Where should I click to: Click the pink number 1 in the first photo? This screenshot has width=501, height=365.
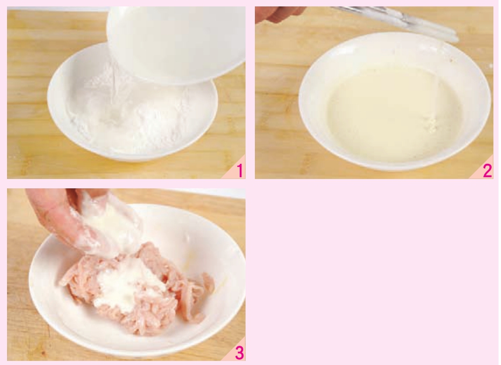click(x=240, y=171)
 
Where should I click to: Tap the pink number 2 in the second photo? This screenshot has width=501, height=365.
click(x=488, y=171)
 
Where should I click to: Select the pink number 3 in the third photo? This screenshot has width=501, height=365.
click(x=239, y=353)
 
